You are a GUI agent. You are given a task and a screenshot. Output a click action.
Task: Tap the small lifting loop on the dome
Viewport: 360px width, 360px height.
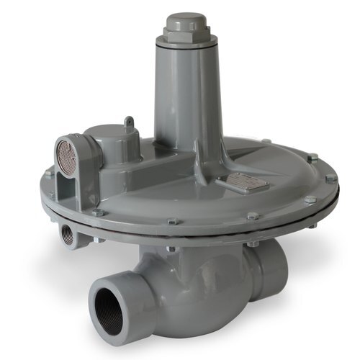coord(129,123)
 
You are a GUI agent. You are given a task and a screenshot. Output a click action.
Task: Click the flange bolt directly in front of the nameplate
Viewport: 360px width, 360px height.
coord(253,216)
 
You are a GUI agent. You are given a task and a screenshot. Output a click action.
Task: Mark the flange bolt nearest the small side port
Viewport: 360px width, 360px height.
coord(96,212)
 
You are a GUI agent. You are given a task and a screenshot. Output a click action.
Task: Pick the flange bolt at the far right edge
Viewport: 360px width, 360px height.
coord(330,179)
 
